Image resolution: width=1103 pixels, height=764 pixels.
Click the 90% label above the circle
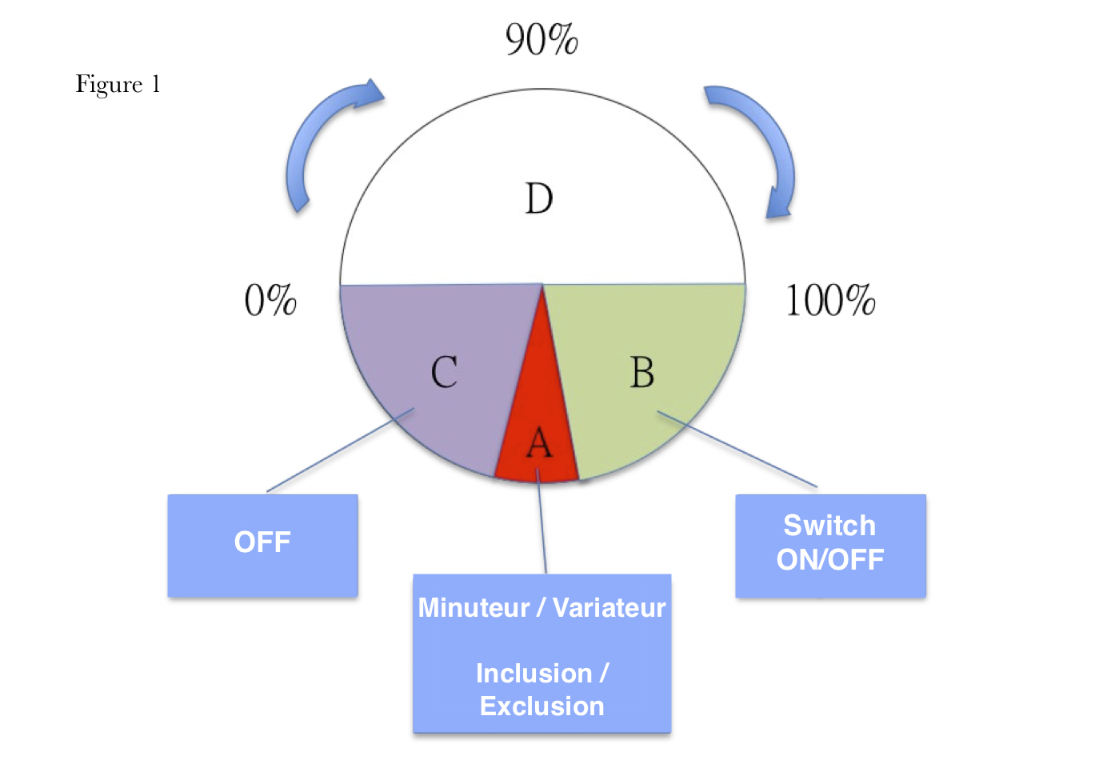click(x=542, y=39)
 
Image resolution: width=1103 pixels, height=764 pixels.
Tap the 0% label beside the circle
click(x=270, y=301)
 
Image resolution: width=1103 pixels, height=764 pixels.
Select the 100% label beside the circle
click(x=830, y=301)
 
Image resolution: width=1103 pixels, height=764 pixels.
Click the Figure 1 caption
click(x=118, y=85)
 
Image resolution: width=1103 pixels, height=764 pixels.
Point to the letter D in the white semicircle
click(x=539, y=198)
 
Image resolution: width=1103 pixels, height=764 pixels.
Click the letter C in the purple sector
click(x=444, y=373)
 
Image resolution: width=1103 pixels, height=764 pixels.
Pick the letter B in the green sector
click(x=642, y=373)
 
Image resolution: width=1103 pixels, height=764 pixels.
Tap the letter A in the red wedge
click(x=540, y=442)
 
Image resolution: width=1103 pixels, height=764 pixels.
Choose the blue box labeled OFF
click(x=262, y=545)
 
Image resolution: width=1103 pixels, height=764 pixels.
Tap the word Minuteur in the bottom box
click(x=474, y=608)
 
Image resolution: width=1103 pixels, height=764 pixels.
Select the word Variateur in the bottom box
click(x=609, y=608)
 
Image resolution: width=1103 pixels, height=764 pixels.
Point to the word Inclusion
click(x=534, y=674)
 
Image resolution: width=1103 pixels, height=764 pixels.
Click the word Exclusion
click(x=542, y=706)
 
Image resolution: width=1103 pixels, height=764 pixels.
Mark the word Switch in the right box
click(x=829, y=526)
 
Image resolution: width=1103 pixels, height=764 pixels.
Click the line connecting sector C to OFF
click(x=340, y=450)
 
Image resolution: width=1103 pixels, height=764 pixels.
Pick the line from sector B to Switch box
click(x=736, y=449)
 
